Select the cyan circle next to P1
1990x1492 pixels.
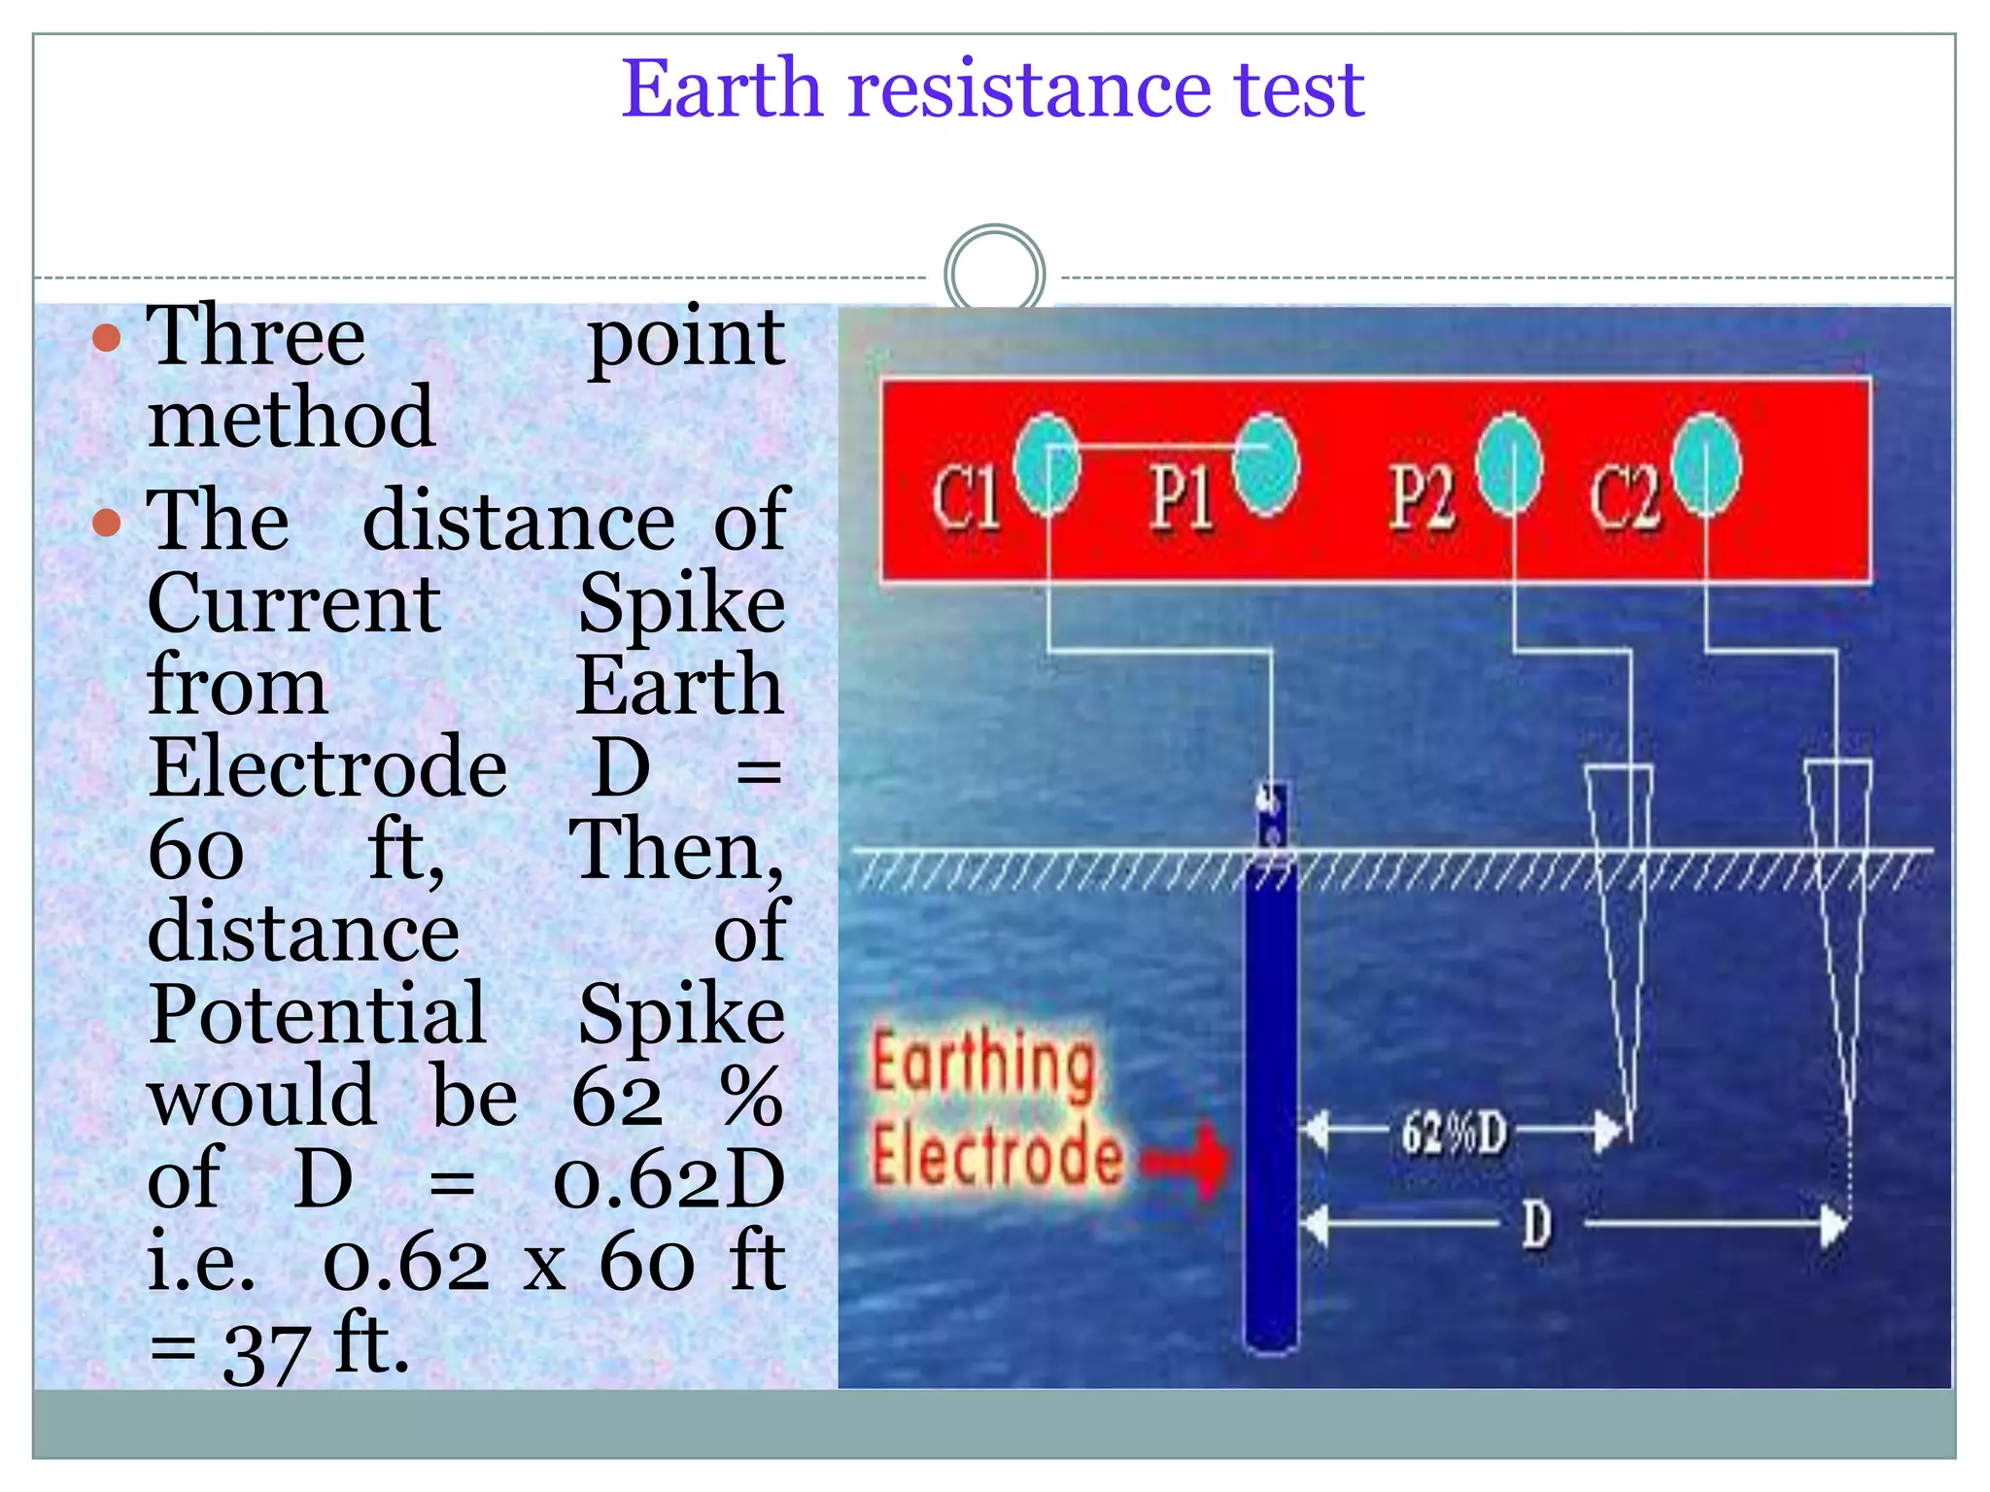(1266, 465)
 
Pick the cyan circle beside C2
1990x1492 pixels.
(1706, 465)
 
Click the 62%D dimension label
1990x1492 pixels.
(1454, 1133)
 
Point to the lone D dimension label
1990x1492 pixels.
(1535, 1224)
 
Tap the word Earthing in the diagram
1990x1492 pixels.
(983, 1066)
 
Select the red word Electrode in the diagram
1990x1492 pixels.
(997, 1155)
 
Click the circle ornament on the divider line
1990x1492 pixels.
(994, 274)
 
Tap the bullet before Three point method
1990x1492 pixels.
(106, 338)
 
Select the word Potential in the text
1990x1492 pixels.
(317, 1013)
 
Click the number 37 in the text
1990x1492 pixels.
(265, 1351)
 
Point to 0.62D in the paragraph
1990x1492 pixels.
(669, 1179)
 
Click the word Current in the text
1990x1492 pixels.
(293, 602)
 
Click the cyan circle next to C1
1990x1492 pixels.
(1046, 463)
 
